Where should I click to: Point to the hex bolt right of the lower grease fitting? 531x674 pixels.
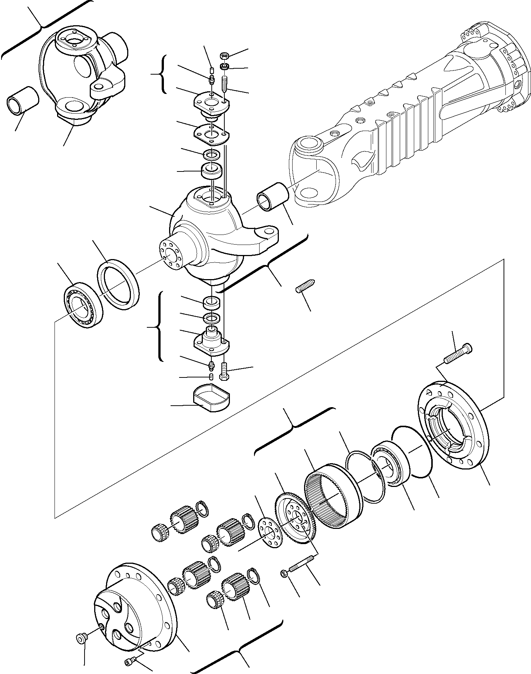[223, 371]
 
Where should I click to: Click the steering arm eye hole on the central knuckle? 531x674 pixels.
[268, 232]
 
